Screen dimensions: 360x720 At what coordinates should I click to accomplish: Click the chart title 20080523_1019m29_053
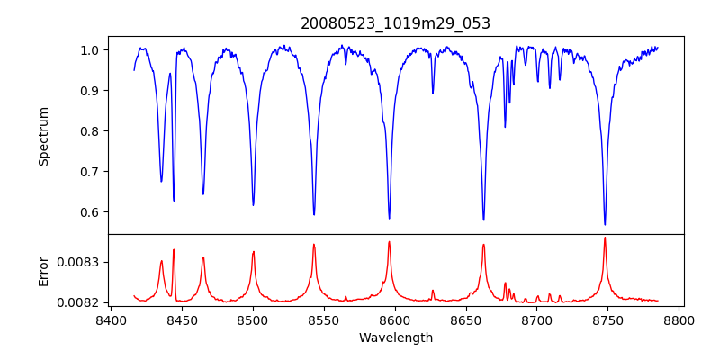tap(395, 23)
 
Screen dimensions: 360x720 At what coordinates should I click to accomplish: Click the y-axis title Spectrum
tap(43, 136)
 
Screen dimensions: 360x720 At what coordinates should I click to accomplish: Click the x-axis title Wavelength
tap(395, 338)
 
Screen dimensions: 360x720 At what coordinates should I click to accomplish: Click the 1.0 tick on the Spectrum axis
tap(89, 50)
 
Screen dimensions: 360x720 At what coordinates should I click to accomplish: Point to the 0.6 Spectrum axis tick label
tap(89, 212)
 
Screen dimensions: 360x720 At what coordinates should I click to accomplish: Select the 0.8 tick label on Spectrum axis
tap(89, 131)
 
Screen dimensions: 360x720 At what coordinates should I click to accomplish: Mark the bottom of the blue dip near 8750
tap(605, 224)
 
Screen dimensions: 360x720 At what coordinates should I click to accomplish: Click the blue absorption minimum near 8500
tap(253, 204)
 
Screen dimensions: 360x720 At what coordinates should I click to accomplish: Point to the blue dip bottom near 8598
tap(389, 218)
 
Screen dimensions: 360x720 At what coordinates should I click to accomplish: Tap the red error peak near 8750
tap(605, 238)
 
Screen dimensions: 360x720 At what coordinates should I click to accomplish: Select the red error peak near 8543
tap(314, 244)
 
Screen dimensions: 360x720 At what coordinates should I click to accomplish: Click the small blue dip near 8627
tap(433, 93)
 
